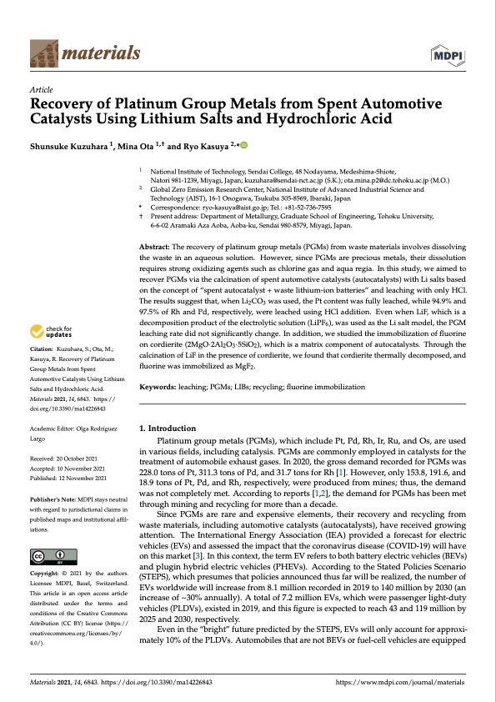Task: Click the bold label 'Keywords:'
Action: coord(158,387)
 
